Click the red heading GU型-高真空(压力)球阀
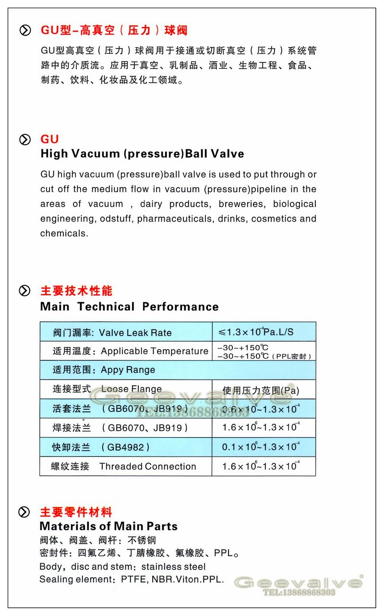114,31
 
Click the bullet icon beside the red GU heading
25,139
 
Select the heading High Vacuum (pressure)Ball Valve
142,154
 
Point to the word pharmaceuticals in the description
175,219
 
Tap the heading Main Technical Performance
130,307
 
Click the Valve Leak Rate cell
126,333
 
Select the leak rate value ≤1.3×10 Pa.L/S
256,332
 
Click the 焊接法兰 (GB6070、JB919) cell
120,427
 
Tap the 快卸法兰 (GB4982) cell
101,447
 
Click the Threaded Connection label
147,466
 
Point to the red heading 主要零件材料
76,512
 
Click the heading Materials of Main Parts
108,526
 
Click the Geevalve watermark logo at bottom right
298,582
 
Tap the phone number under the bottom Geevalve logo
299,592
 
